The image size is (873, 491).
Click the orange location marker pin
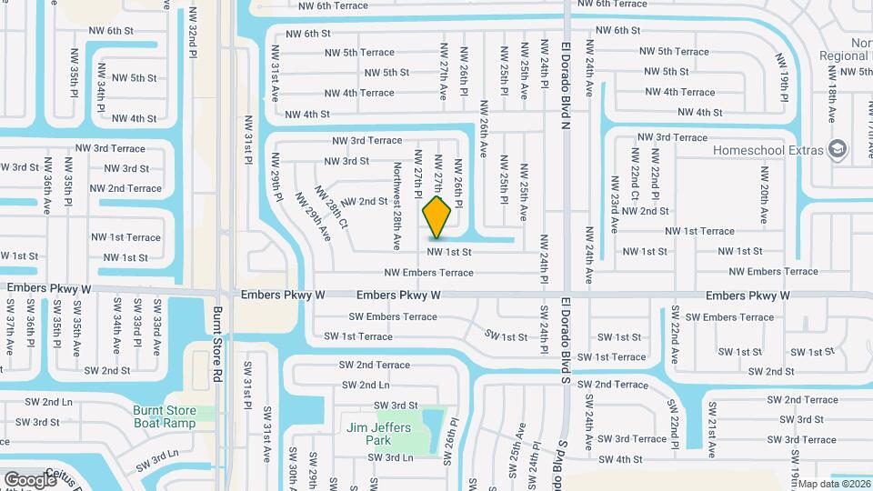tap(437, 217)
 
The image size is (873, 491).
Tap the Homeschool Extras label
tap(768, 149)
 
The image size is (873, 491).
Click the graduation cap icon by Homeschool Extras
tap(838, 149)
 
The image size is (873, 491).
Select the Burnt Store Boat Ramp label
tap(165, 416)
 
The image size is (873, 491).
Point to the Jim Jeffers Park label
tap(378, 434)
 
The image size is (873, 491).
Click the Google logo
tap(31, 479)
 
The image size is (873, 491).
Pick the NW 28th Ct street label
tap(332, 208)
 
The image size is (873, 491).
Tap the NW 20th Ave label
tap(765, 186)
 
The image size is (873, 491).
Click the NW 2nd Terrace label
tap(125, 188)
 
